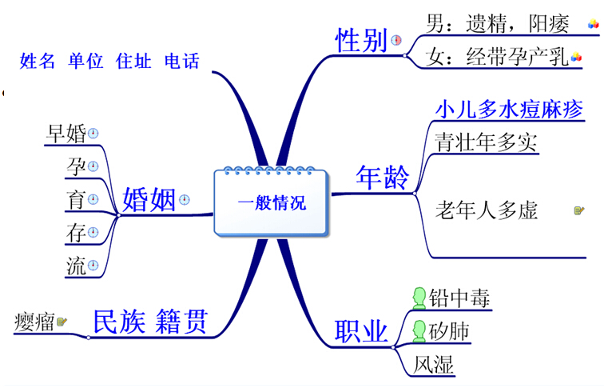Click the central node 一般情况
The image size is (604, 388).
pos(271,203)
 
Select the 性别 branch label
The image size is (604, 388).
pos(361,39)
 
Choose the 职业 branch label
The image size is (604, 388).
pos(360,330)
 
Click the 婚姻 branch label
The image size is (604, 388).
pos(149,199)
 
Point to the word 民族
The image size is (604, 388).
pos(118,321)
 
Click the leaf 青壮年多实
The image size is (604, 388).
pos(486,142)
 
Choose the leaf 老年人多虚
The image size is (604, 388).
pos(486,210)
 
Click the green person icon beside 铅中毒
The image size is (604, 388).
pos(418,298)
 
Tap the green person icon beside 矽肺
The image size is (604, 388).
pos(418,330)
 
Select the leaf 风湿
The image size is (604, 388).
pos(434,365)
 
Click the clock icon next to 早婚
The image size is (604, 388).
pos(93,134)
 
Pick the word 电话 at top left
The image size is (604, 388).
pos(181,61)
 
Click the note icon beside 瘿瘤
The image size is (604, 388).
pos(62,322)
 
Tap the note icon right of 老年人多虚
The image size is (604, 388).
pos(579,210)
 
